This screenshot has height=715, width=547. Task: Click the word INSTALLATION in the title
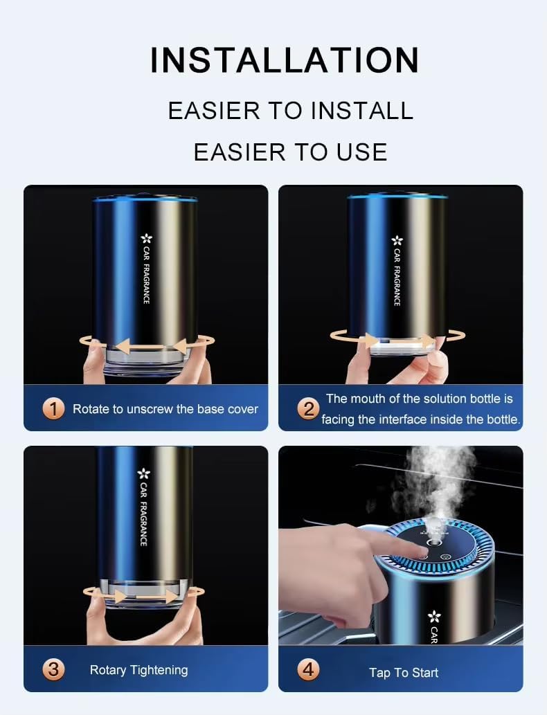[285, 60]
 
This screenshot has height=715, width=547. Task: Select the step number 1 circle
[53, 408]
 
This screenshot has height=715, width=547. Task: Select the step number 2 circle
[308, 408]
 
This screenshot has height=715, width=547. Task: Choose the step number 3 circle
[53, 669]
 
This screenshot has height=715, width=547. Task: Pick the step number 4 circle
[308, 669]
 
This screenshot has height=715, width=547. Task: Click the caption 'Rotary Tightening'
[138, 669]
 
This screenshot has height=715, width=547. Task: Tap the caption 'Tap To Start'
[404, 672]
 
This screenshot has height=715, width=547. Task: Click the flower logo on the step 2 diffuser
[397, 241]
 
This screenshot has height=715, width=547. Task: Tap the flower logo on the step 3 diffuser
[143, 474]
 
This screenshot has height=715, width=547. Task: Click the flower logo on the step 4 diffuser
[433, 615]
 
